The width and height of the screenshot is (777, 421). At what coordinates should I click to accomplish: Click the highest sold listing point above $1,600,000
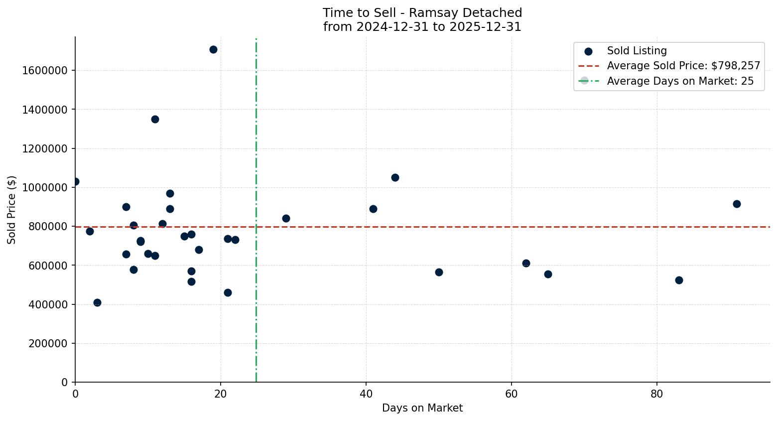[x=213, y=49]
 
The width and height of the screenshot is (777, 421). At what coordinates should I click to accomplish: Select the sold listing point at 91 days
[x=737, y=204]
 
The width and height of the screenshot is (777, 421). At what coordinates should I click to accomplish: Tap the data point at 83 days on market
[x=679, y=280]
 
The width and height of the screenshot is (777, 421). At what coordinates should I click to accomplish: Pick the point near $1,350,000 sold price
[x=155, y=119]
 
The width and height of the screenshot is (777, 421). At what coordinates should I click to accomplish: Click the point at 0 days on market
[x=75, y=181]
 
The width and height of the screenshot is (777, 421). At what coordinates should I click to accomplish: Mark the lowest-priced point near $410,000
[x=97, y=302]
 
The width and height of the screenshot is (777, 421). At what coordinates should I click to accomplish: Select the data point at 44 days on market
[x=395, y=177]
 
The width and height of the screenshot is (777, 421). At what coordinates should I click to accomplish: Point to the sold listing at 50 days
[x=439, y=272]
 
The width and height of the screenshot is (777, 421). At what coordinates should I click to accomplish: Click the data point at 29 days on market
[x=286, y=218]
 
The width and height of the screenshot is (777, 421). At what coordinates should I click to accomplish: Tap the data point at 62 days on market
[x=526, y=263]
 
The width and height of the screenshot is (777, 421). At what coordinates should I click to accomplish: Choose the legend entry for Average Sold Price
[x=683, y=66]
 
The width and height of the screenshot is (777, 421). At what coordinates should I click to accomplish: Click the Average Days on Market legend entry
[x=680, y=81]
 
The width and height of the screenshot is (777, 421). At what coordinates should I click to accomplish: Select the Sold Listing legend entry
[x=637, y=51]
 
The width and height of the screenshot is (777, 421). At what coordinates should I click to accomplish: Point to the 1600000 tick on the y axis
[x=45, y=70]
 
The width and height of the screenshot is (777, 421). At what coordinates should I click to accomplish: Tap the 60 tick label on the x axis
[x=512, y=394]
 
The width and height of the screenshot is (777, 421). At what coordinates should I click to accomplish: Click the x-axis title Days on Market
[x=422, y=408]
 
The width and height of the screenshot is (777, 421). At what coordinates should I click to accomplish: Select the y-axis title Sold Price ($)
[x=12, y=210]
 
